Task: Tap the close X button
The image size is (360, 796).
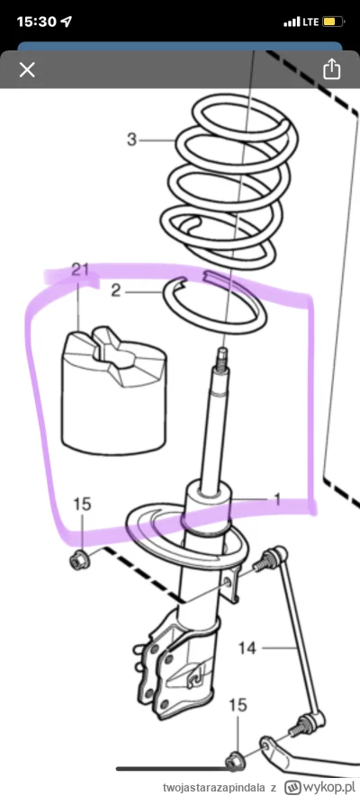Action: point(27,69)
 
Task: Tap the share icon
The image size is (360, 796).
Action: point(331,68)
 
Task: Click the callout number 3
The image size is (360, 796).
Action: point(132,139)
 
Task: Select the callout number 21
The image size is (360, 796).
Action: point(80,270)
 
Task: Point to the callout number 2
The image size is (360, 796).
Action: point(116,291)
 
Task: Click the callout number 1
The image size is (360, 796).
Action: point(277,499)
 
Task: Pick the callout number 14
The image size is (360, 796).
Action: point(247,648)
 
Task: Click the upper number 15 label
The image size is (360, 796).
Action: point(82,504)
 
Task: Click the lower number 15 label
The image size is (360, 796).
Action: point(238,704)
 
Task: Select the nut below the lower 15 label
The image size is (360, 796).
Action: point(234,760)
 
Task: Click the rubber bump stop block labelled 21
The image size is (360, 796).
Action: point(114,391)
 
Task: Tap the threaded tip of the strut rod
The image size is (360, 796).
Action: point(222,357)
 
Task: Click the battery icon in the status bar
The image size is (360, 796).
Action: point(334,22)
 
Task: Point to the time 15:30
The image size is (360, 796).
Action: point(36,22)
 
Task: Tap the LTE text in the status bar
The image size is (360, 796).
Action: point(310,22)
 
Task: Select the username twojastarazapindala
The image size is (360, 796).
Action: point(214,787)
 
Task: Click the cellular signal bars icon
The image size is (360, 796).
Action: point(292,22)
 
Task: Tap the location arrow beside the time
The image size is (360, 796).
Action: point(66,22)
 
